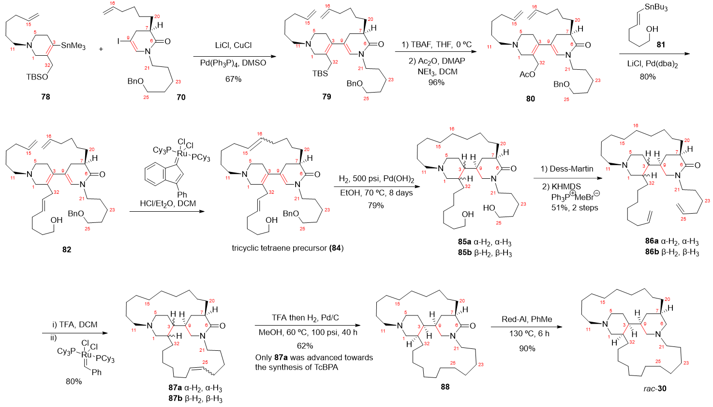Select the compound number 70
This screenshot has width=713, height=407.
click(180, 97)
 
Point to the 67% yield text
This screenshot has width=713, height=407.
click(233, 79)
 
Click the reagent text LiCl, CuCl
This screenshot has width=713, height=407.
click(233, 45)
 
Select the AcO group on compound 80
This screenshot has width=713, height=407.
click(527, 74)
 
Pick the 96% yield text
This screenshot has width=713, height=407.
click(436, 83)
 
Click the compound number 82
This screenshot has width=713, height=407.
click(66, 250)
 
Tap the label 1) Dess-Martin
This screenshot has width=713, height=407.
click(567, 169)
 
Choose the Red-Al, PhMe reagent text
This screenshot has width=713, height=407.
click(527, 319)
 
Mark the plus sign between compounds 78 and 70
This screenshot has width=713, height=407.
click(101, 49)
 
